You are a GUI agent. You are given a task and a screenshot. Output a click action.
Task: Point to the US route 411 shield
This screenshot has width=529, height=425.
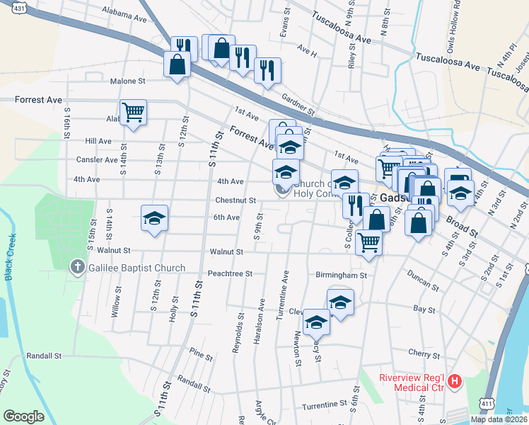coord(486,403)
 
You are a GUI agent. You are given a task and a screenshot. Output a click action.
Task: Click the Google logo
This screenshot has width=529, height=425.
coord(23,416)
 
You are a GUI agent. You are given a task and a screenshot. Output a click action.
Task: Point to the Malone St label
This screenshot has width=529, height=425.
coord(127,81)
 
